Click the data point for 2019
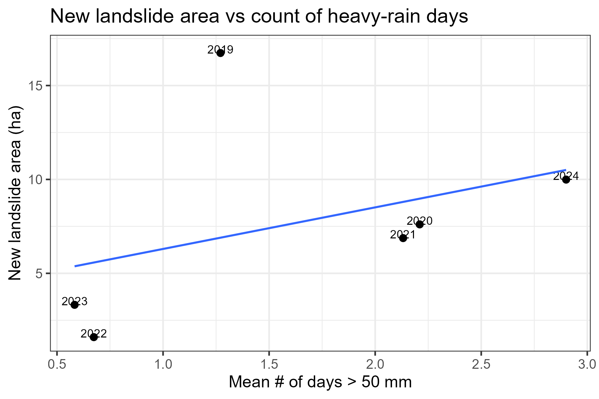click(220, 53)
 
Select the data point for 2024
click(566, 180)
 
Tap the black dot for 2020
click(420, 224)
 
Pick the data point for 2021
click(403, 238)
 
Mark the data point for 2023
click(75, 305)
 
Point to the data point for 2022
click(94, 337)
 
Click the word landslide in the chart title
click(134, 17)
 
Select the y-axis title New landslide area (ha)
click(15, 193)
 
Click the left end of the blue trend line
click(75, 266)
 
